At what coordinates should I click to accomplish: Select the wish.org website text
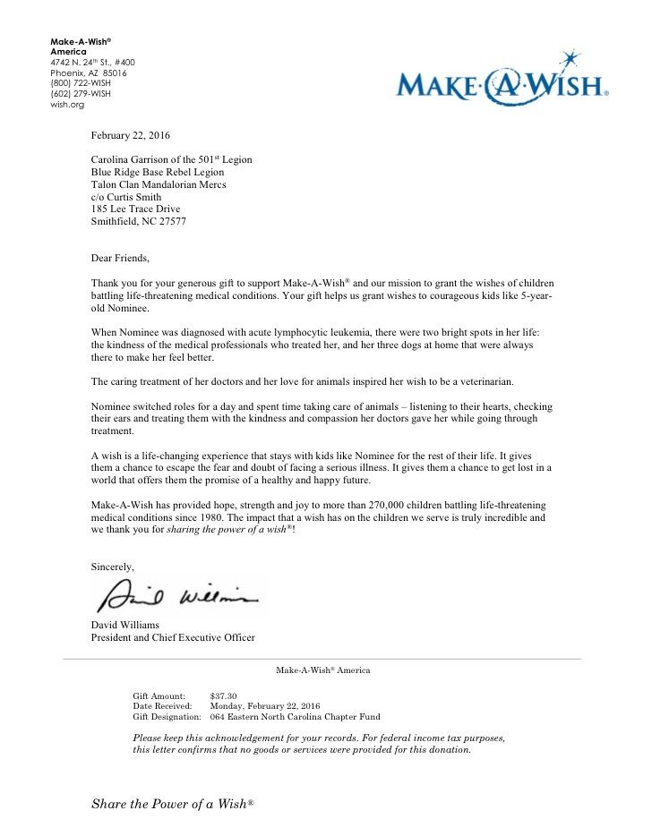click(67, 105)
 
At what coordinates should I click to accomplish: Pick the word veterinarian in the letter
click(482, 382)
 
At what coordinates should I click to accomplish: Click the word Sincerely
click(113, 567)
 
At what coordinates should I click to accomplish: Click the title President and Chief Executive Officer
click(173, 638)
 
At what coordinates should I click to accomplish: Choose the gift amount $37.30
click(223, 695)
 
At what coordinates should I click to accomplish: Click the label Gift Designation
click(167, 717)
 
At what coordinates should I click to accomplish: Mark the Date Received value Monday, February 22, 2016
click(264, 706)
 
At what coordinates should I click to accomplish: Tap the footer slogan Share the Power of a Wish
click(173, 805)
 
